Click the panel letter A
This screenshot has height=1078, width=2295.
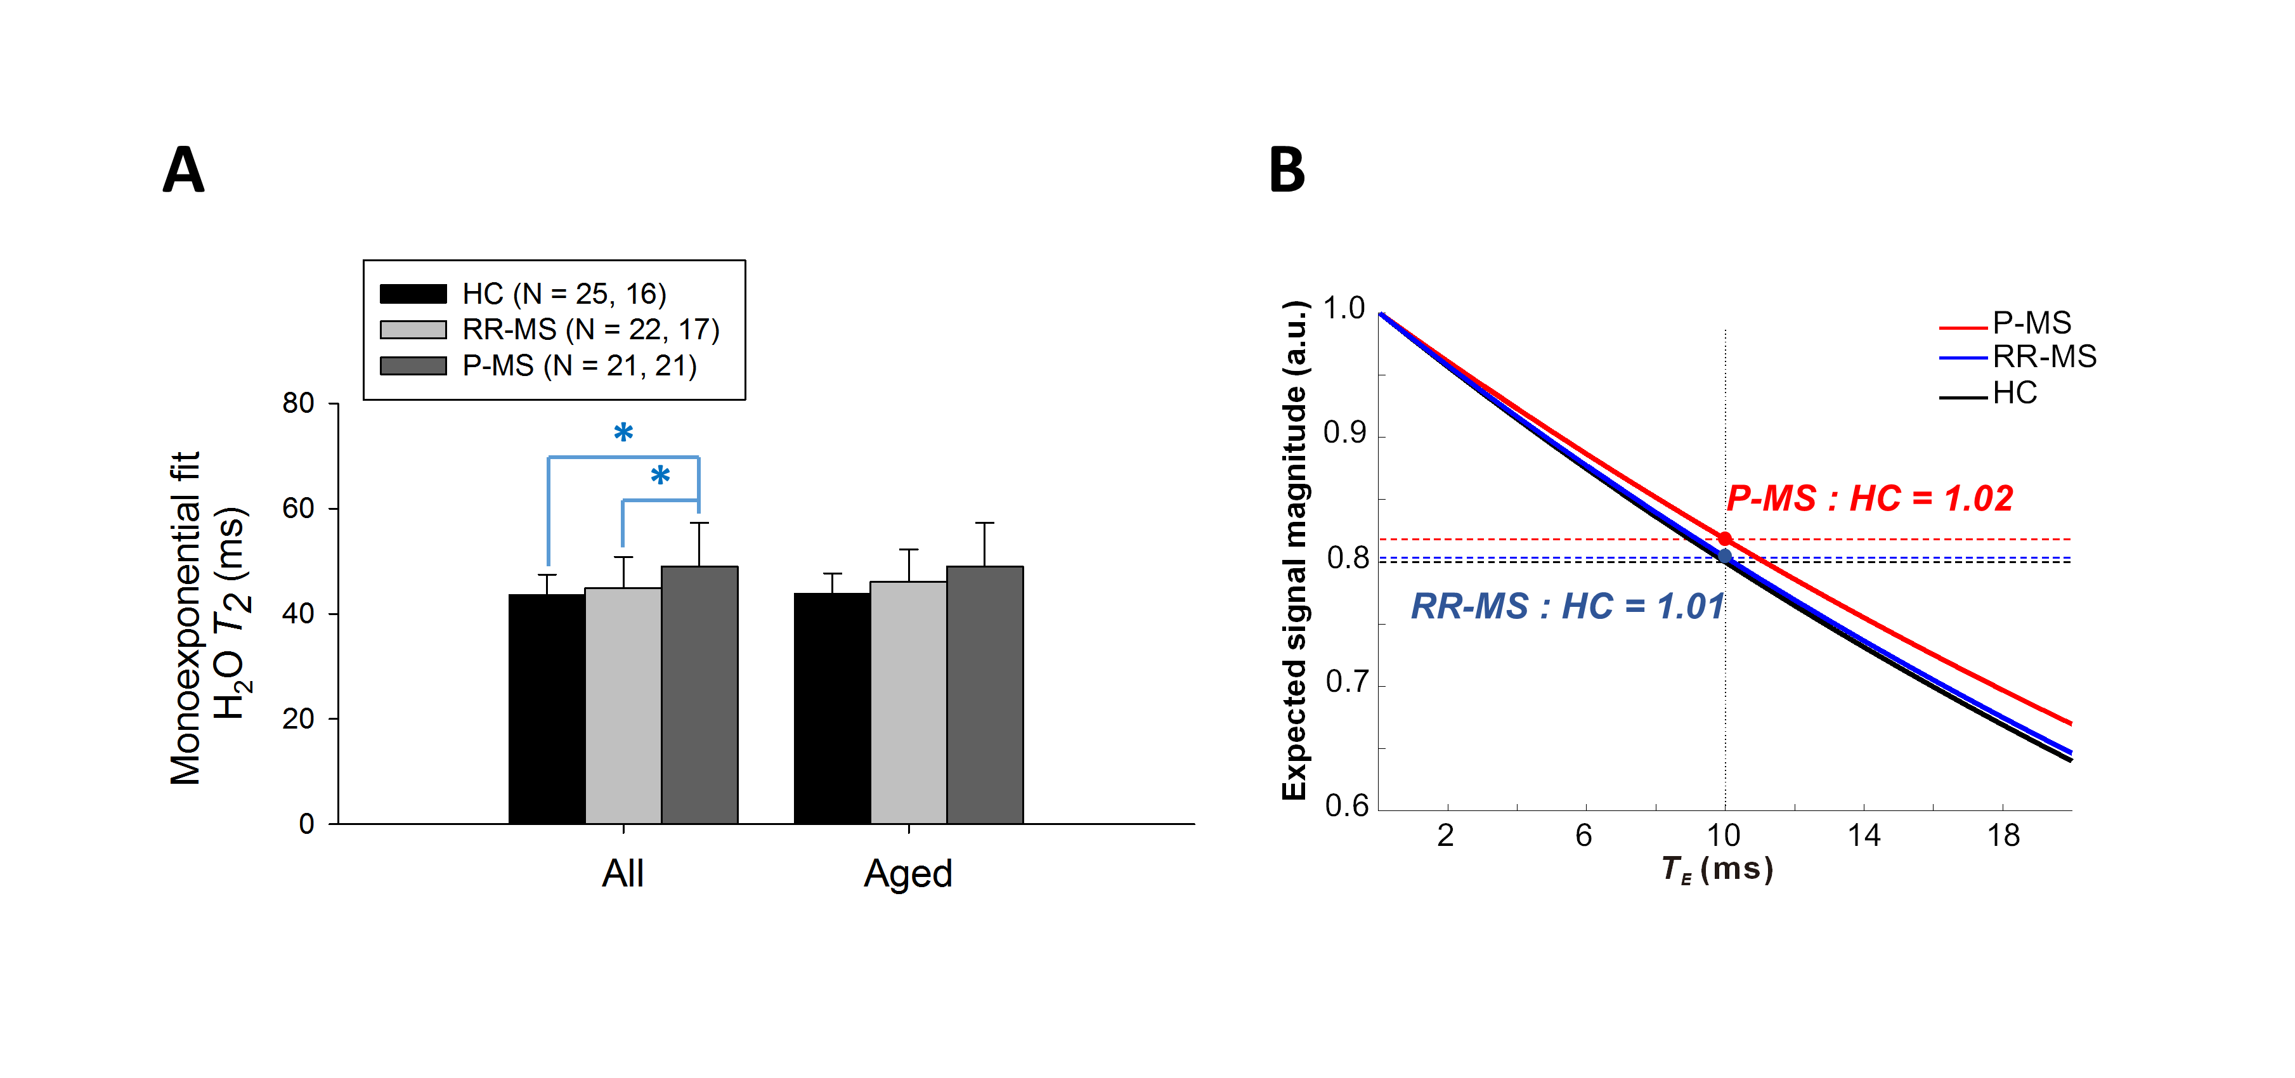[x=183, y=169]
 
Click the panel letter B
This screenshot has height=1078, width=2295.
[x=1287, y=169]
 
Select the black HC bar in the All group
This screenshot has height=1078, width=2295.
[x=546, y=708]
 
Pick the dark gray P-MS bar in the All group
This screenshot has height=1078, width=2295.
[x=699, y=695]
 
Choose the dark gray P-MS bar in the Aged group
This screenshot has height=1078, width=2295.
[x=984, y=695]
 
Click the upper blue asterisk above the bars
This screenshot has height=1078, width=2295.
[x=623, y=434]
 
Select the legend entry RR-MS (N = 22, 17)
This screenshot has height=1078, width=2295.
[x=590, y=330]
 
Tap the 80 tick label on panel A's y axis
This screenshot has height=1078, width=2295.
[x=299, y=403]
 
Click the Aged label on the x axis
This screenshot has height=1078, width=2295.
[x=908, y=873]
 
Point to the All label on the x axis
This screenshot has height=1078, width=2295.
[x=623, y=873]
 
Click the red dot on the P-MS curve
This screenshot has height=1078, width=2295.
[x=1725, y=539]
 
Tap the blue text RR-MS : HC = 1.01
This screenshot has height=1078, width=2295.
[x=1567, y=607]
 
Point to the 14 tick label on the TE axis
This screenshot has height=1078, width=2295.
[x=1864, y=836]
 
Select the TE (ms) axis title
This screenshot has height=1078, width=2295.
[x=1717, y=869]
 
